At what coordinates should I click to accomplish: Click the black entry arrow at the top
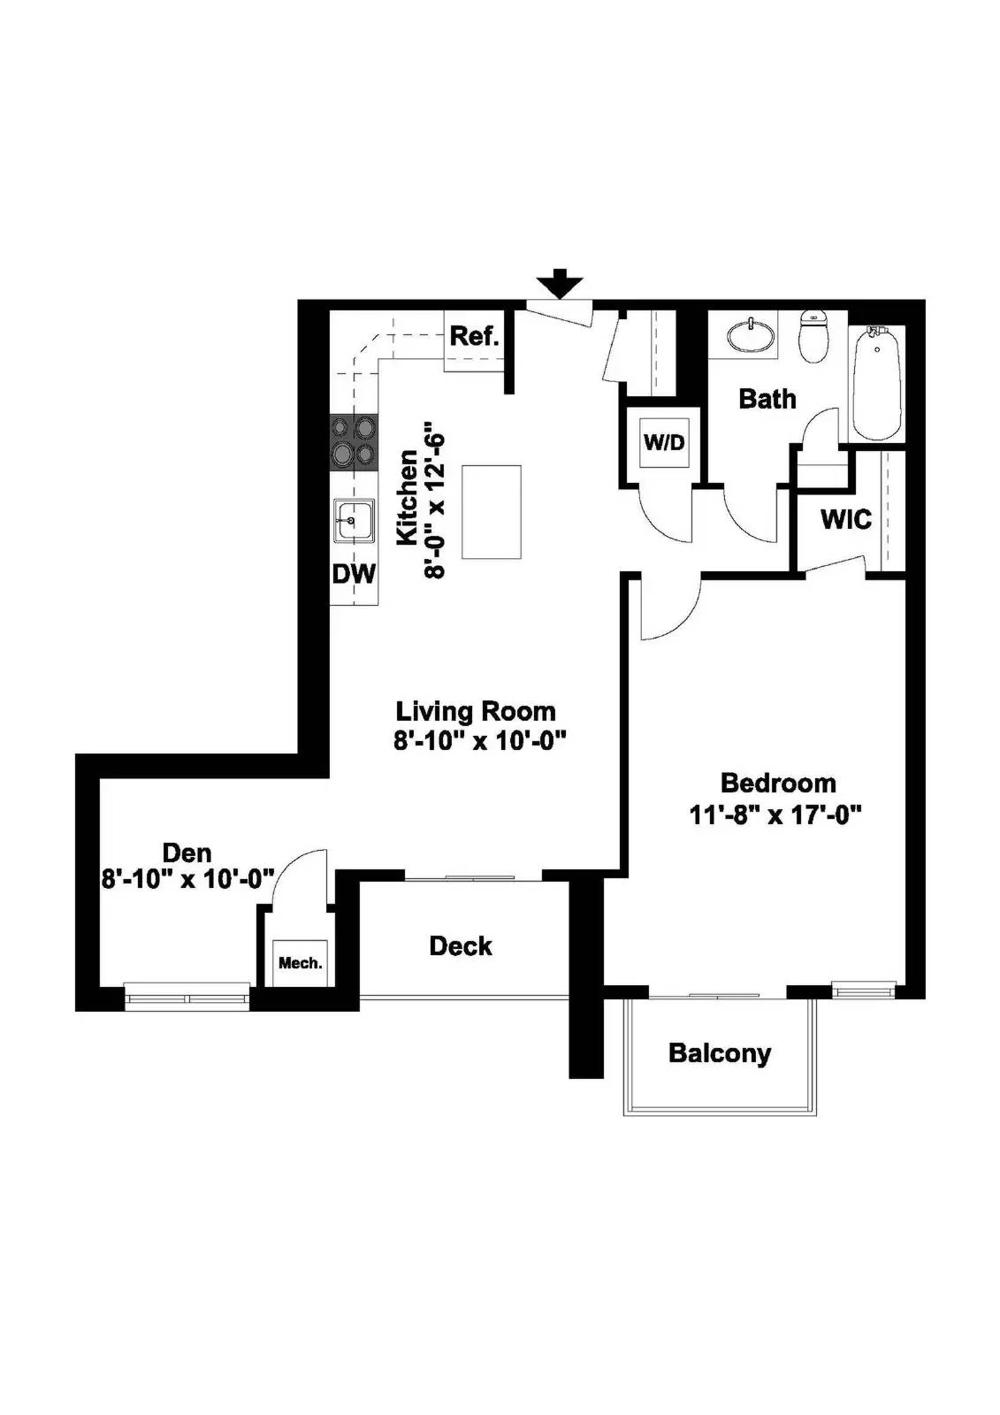point(561,286)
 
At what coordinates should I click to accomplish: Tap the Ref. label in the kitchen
point(475,336)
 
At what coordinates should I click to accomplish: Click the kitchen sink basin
point(353,519)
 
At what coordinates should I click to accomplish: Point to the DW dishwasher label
point(354,574)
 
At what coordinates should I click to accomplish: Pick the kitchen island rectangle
point(492,512)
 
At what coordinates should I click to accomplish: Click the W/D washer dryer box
point(664,441)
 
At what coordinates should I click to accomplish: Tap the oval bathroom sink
point(751,336)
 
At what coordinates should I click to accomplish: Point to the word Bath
point(767,399)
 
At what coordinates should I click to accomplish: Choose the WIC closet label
point(845,519)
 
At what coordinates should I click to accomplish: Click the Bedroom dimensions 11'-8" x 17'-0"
point(775,814)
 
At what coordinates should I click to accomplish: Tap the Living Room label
point(476,711)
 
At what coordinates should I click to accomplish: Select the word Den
point(187,853)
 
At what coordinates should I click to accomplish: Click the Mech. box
point(301,963)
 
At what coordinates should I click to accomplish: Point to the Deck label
point(461,945)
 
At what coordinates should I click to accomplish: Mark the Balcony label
point(720,1053)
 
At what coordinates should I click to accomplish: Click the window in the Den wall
point(187,997)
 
